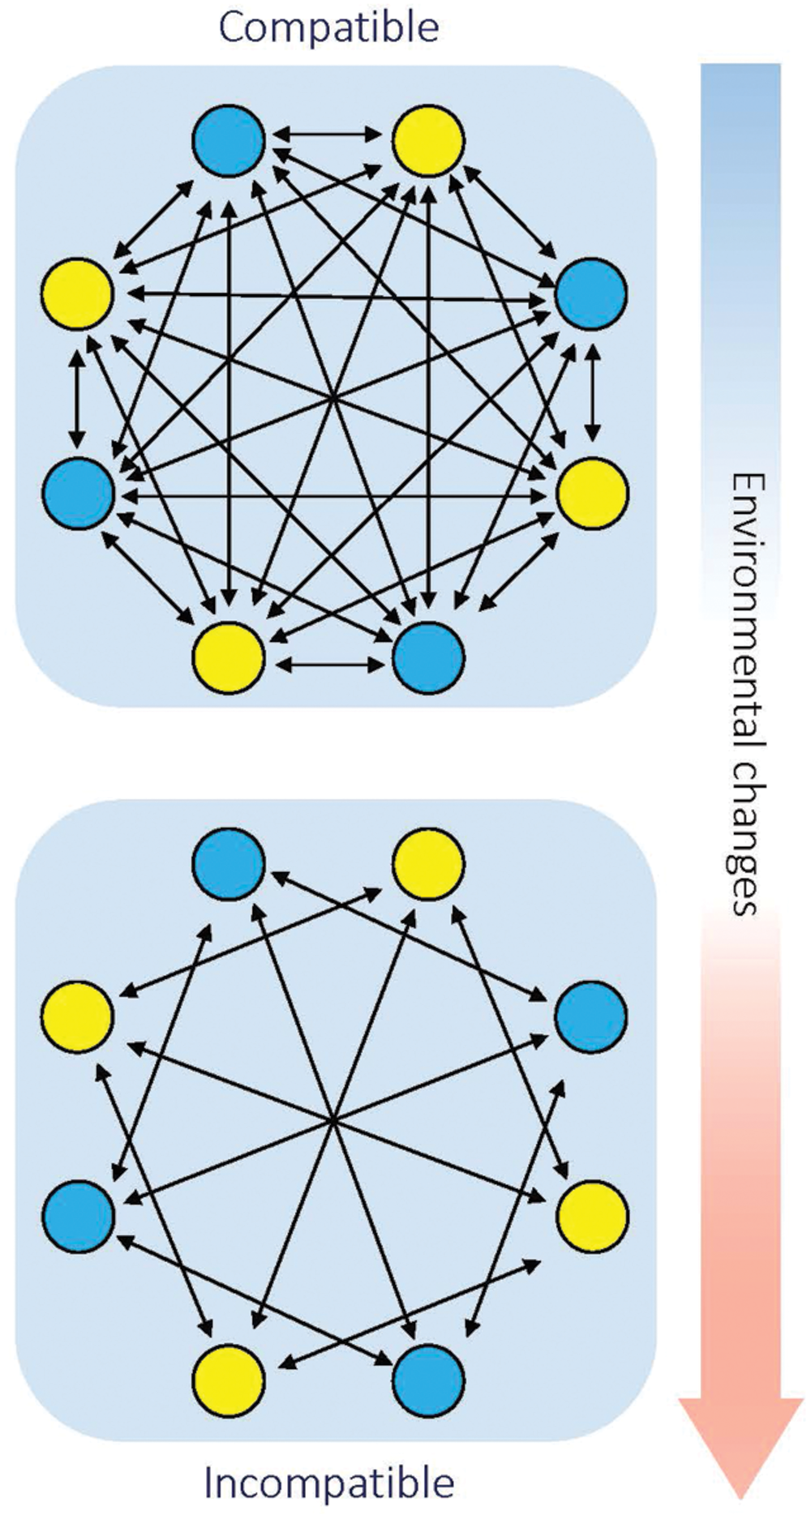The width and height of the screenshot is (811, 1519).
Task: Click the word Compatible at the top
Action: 328,28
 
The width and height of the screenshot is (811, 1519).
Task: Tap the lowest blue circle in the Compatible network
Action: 428,657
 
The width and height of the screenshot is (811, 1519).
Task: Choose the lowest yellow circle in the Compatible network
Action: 229,657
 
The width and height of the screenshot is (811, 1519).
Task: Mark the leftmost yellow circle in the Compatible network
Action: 77,293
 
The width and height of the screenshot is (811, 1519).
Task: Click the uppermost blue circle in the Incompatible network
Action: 229,863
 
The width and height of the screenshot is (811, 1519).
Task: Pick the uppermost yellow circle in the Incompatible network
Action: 428,863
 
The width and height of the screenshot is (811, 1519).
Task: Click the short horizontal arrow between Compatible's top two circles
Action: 328,134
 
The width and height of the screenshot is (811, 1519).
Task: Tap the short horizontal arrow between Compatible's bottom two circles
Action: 328,665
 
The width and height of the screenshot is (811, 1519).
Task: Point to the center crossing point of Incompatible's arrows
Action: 332,1121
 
